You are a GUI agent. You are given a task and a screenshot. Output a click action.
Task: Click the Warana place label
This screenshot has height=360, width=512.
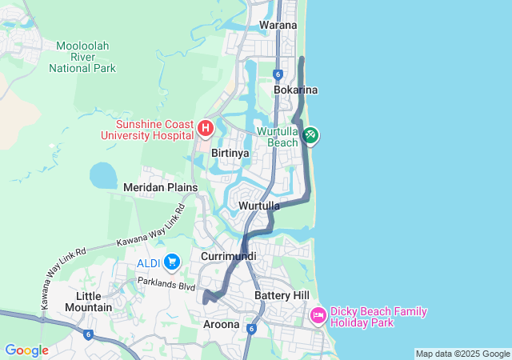(x=278, y=25)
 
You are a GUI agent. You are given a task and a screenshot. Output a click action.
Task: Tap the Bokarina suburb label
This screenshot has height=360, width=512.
(x=295, y=90)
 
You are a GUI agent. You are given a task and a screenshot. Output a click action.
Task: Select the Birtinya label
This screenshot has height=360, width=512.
(x=230, y=152)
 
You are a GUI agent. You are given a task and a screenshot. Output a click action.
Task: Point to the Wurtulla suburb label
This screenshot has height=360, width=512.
(x=259, y=206)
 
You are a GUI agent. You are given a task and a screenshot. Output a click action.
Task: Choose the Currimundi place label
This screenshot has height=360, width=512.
(x=229, y=256)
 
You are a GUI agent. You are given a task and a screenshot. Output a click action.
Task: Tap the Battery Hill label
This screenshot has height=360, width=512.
(x=281, y=295)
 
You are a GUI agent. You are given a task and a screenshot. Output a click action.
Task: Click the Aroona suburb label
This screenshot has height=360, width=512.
(x=221, y=324)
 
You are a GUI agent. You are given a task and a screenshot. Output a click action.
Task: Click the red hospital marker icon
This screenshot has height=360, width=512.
(x=206, y=127)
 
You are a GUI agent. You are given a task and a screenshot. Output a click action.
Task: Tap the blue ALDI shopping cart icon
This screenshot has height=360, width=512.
(x=171, y=262)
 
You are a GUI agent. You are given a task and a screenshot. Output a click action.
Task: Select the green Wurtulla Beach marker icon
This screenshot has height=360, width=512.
(x=310, y=136)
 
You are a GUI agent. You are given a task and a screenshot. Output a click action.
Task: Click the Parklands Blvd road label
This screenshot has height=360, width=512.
(x=166, y=284)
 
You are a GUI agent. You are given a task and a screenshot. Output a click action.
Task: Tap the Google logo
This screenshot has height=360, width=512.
(x=26, y=350)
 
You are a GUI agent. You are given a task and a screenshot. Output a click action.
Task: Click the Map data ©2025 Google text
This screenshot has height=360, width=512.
(x=462, y=354)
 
